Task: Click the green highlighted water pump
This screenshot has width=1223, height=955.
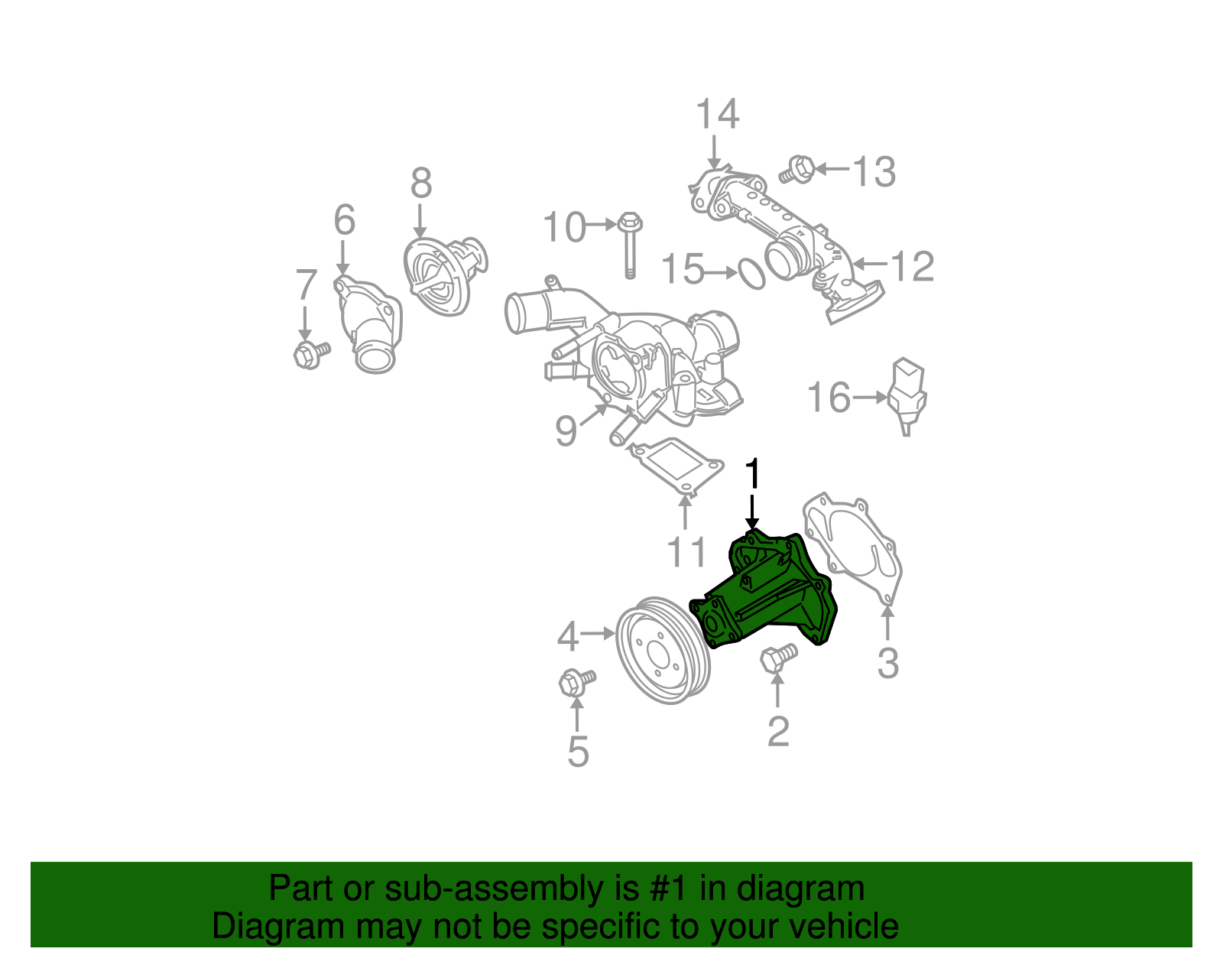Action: point(764,593)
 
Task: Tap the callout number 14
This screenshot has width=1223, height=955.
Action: point(717,115)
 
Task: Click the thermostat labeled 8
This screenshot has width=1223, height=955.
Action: point(443,275)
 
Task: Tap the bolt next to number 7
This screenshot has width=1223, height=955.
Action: point(310,354)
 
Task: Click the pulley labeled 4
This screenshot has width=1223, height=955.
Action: point(662,651)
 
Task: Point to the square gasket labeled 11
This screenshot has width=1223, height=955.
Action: point(676,466)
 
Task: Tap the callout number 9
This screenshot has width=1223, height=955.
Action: point(566,431)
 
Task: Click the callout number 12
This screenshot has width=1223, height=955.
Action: point(913,266)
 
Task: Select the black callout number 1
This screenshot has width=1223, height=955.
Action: point(754,474)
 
